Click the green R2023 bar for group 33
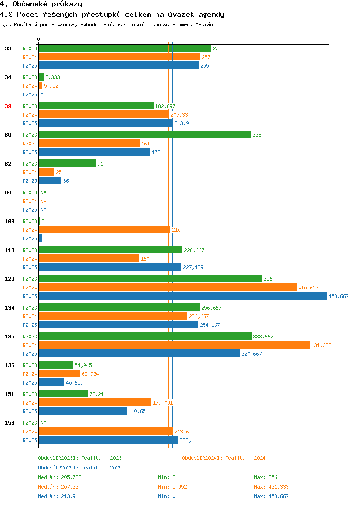point(125,48)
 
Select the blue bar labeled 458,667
point(183,296)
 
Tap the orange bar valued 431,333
point(174,345)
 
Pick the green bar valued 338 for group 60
point(145,134)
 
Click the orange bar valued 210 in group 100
point(105,229)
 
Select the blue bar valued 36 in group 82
point(50,180)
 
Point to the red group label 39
point(8,106)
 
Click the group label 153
point(9,423)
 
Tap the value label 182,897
point(165,106)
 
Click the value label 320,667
point(252,354)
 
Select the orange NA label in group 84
point(44,201)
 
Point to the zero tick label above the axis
point(39,39)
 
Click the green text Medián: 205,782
point(60,477)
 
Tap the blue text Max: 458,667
point(271,497)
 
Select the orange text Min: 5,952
point(172,487)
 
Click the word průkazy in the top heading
point(67,4)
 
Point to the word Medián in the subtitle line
point(204,24)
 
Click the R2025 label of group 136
point(30,383)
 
